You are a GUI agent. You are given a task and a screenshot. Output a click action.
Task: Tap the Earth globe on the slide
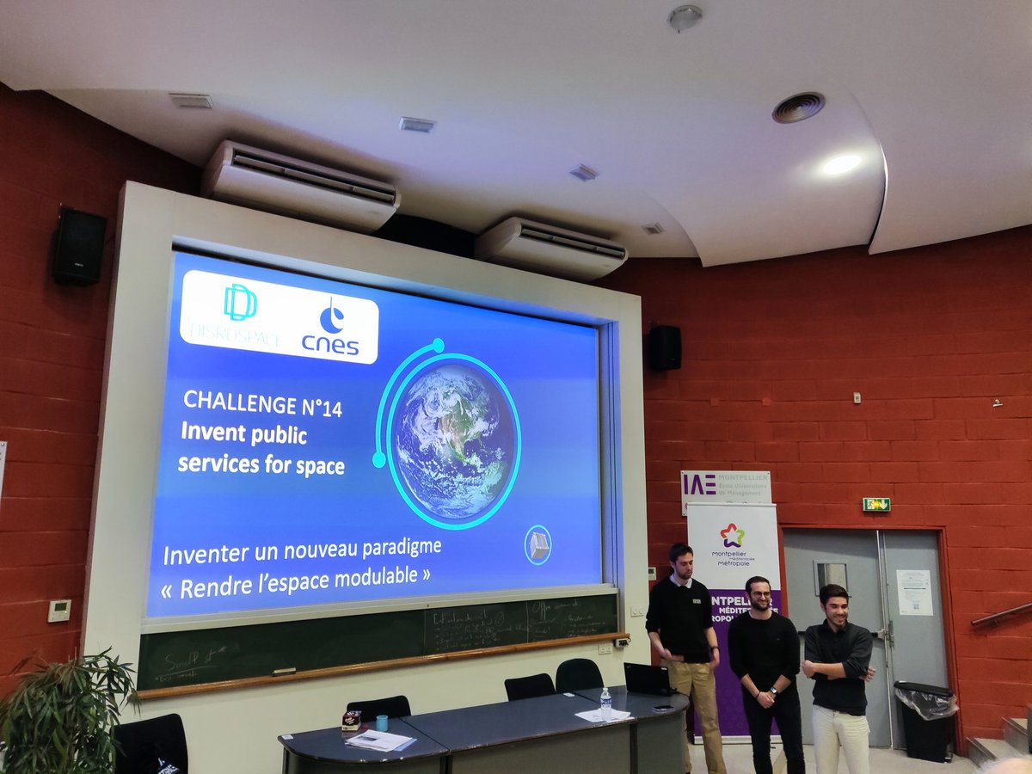pos(454,440)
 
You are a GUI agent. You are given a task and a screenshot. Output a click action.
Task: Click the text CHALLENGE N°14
pos(262,404)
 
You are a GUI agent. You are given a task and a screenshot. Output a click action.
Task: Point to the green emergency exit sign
pos(875,505)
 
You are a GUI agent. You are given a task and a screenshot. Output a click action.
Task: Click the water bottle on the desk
pos(605,703)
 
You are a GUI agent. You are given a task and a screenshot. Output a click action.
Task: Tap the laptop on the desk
pos(648,679)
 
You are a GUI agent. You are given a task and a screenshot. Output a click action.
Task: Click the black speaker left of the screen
pos(79,247)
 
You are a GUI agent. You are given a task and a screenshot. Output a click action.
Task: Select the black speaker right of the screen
pos(664,348)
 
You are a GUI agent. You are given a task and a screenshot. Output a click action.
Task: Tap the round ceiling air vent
pos(798,107)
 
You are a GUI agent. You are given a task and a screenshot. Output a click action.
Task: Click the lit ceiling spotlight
pos(840,164)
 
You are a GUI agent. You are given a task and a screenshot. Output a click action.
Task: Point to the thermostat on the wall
pos(59,611)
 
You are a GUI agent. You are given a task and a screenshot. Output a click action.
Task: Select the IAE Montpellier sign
pos(725,486)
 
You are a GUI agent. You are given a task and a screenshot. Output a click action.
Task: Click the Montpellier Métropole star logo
pos(733,535)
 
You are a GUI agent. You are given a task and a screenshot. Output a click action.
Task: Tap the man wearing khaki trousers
pos(685,636)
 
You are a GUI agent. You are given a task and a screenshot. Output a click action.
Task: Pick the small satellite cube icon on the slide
pos(538,544)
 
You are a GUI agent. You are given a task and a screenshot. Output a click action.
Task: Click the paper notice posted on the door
pos(913,592)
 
